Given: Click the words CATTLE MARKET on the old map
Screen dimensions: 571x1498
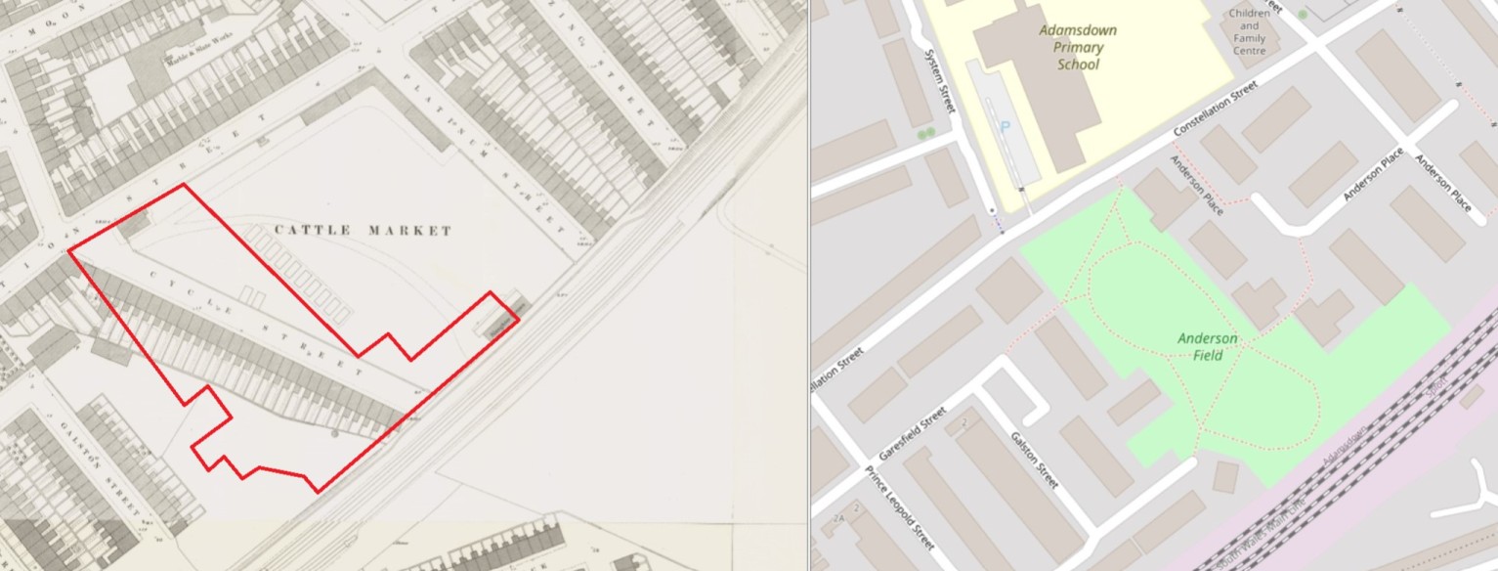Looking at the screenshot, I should coord(363,231).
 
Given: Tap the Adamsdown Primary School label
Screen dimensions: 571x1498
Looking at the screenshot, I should coord(1078,47).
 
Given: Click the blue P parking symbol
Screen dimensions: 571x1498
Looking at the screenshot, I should coord(1006,128).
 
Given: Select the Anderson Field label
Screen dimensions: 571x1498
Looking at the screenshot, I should coord(1207,346).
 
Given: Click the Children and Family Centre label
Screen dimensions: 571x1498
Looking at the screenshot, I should coord(1250,31).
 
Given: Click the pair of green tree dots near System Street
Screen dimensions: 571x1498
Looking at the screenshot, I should coord(925,132).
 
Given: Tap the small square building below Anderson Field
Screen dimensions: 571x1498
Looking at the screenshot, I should coord(1224,476).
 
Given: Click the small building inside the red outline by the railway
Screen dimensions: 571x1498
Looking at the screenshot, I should coord(499,320).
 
